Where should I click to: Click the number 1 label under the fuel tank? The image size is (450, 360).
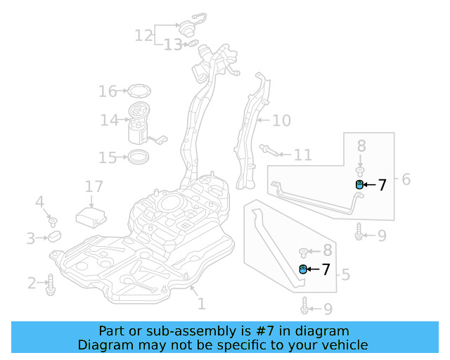[201, 304]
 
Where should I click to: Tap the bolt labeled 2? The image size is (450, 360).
[51, 284]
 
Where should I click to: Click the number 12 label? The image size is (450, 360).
[143, 35]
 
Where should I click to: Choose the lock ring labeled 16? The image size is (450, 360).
[138, 91]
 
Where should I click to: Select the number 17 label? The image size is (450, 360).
[94, 187]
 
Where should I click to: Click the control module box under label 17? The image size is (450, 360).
[91, 215]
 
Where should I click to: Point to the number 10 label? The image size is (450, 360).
[281, 121]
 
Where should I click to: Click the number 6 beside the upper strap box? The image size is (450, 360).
[406, 179]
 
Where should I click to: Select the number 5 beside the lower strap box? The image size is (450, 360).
[345, 274]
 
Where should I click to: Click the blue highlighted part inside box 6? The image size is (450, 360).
[359, 185]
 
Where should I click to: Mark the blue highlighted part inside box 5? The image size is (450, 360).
[304, 269]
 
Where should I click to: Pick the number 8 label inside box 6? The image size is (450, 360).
[361, 146]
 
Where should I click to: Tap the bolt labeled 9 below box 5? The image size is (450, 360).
[304, 307]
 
